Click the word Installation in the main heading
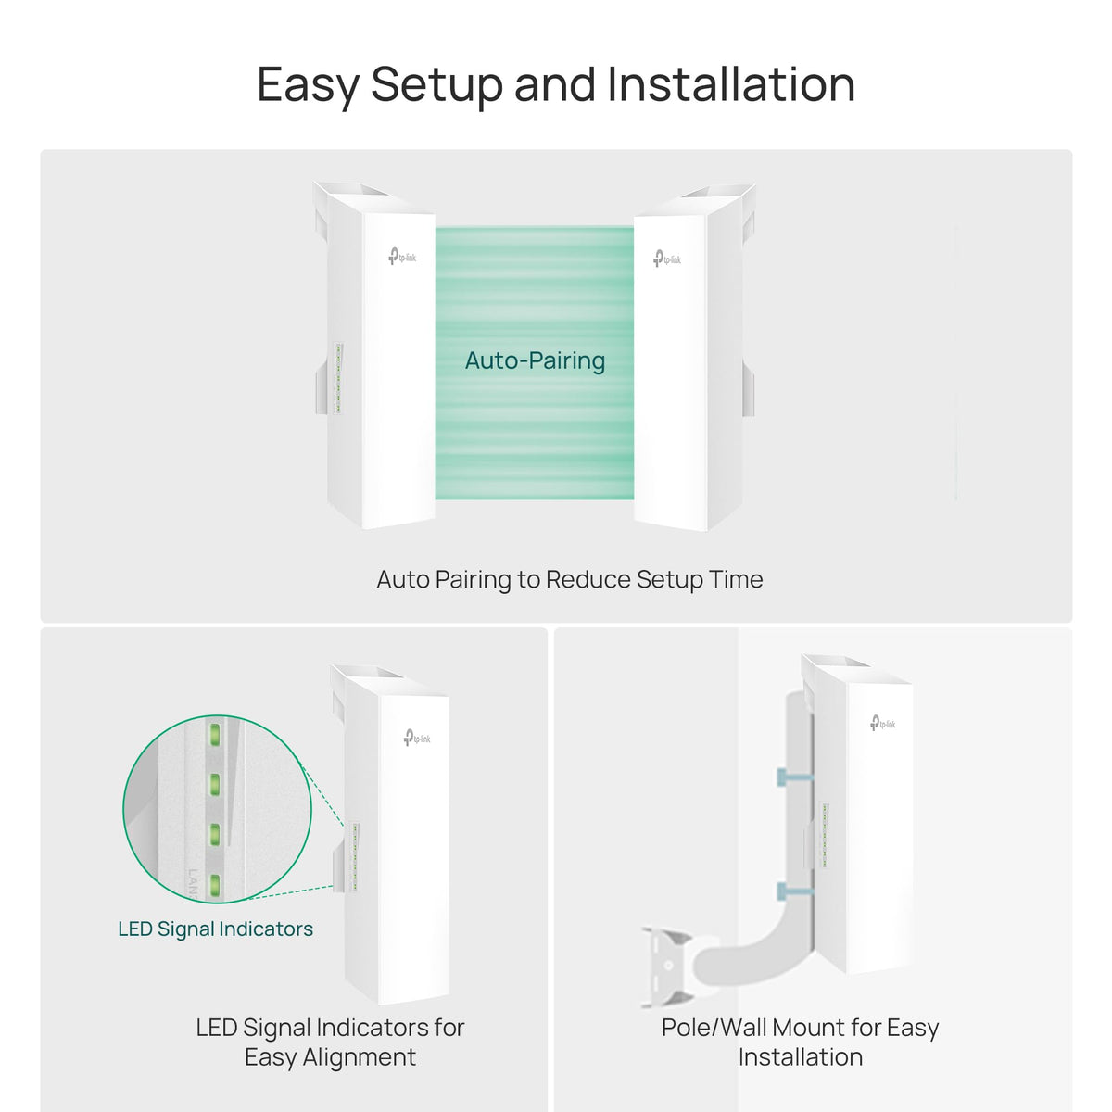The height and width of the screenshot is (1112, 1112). [x=731, y=84]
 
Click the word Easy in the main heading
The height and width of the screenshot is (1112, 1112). [x=309, y=86]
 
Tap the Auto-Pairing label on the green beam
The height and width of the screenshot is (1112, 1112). [x=535, y=360]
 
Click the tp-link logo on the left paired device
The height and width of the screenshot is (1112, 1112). [x=402, y=256]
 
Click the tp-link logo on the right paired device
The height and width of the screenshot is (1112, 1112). [x=667, y=259]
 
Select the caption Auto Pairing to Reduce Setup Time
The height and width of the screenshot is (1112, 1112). [x=570, y=579]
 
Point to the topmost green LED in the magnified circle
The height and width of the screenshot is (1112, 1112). [x=214, y=734]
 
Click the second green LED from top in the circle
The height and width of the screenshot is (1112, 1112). [x=214, y=784]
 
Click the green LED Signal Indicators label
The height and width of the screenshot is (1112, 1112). [x=215, y=929]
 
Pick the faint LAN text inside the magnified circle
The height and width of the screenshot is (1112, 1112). [x=194, y=883]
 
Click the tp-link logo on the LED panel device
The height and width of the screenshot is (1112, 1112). [x=417, y=738]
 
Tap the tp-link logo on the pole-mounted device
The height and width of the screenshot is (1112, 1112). [x=883, y=723]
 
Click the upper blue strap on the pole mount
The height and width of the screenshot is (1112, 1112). [x=794, y=777]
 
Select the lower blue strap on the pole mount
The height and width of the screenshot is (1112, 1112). [x=794, y=891]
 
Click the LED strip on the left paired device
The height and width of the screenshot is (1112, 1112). [x=338, y=378]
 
